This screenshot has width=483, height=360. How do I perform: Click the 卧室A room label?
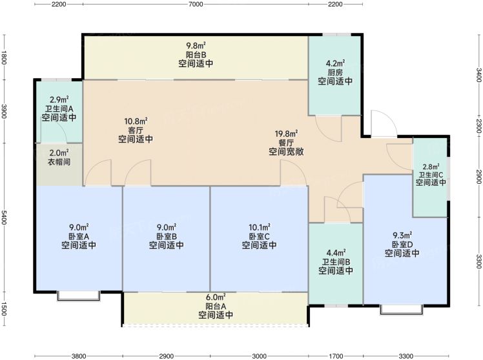[x=79, y=236]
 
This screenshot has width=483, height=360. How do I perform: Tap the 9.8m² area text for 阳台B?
[x=196, y=46]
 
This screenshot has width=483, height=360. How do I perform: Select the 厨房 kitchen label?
[x=335, y=73]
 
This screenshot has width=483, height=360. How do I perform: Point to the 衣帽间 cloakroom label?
[x=59, y=162]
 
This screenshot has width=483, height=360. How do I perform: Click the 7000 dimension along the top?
[x=196, y=4]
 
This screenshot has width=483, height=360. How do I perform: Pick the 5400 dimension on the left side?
[x=4, y=217]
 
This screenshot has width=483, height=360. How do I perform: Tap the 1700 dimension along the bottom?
[x=336, y=356]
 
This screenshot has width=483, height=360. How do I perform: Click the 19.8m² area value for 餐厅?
[x=286, y=134]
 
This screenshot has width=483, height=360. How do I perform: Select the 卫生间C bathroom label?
[x=431, y=175]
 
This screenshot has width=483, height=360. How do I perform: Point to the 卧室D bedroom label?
[x=402, y=245]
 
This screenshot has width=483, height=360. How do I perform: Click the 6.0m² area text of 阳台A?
[x=216, y=297]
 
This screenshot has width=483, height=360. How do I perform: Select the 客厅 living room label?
[x=136, y=130]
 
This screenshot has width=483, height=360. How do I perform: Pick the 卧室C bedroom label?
[x=259, y=236]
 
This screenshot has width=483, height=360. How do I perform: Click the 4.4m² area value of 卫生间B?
[x=336, y=253]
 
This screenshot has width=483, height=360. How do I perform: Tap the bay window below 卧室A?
[x=79, y=295]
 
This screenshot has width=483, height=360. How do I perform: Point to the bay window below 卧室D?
[x=401, y=310]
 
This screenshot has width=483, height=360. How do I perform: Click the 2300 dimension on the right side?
[x=478, y=126]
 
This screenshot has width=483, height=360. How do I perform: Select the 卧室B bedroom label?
[x=167, y=236]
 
